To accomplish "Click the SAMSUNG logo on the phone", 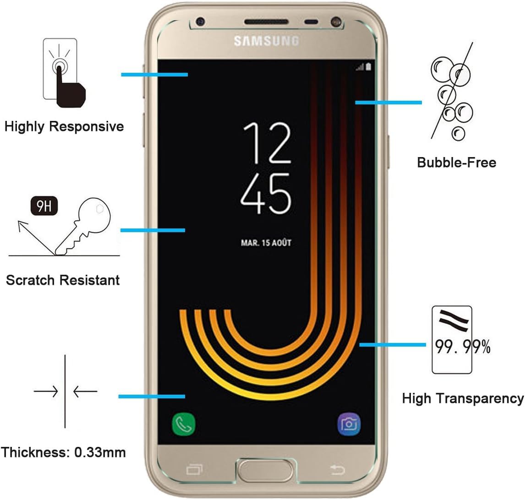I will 266,41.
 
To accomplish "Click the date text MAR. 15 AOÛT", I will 266,243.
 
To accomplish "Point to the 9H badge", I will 44,207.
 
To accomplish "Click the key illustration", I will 82,227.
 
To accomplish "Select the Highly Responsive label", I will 64,126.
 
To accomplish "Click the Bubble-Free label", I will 456,162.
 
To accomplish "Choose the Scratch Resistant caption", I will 63,280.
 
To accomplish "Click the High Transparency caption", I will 463,398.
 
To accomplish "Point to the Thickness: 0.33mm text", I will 63,452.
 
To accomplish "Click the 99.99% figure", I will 462,347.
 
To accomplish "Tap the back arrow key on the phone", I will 337,469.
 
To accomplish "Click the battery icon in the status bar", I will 368,67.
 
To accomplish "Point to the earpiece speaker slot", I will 266,22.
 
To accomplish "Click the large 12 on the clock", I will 267,143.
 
